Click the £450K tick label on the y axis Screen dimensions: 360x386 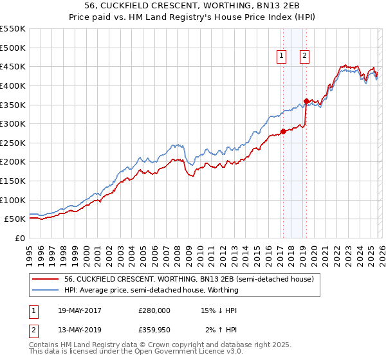[x=13, y=66]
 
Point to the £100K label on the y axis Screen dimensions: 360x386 [x=13, y=200]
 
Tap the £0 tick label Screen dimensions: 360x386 [x=19, y=238]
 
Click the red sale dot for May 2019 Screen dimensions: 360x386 [x=306, y=101]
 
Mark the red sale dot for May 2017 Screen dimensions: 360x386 [x=283, y=131]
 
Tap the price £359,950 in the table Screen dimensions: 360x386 [x=154, y=330]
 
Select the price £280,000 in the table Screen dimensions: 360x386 [x=154, y=310]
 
